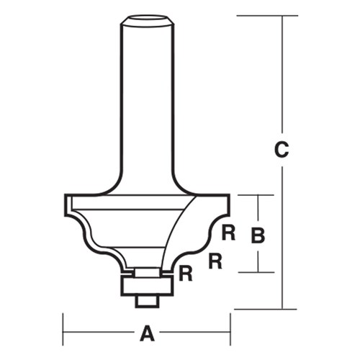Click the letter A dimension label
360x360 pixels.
point(147,333)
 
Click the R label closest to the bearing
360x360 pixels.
point(185,273)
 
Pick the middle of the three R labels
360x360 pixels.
point(214,260)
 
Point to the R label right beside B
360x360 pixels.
point(228,233)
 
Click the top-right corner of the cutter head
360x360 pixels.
point(230,195)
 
